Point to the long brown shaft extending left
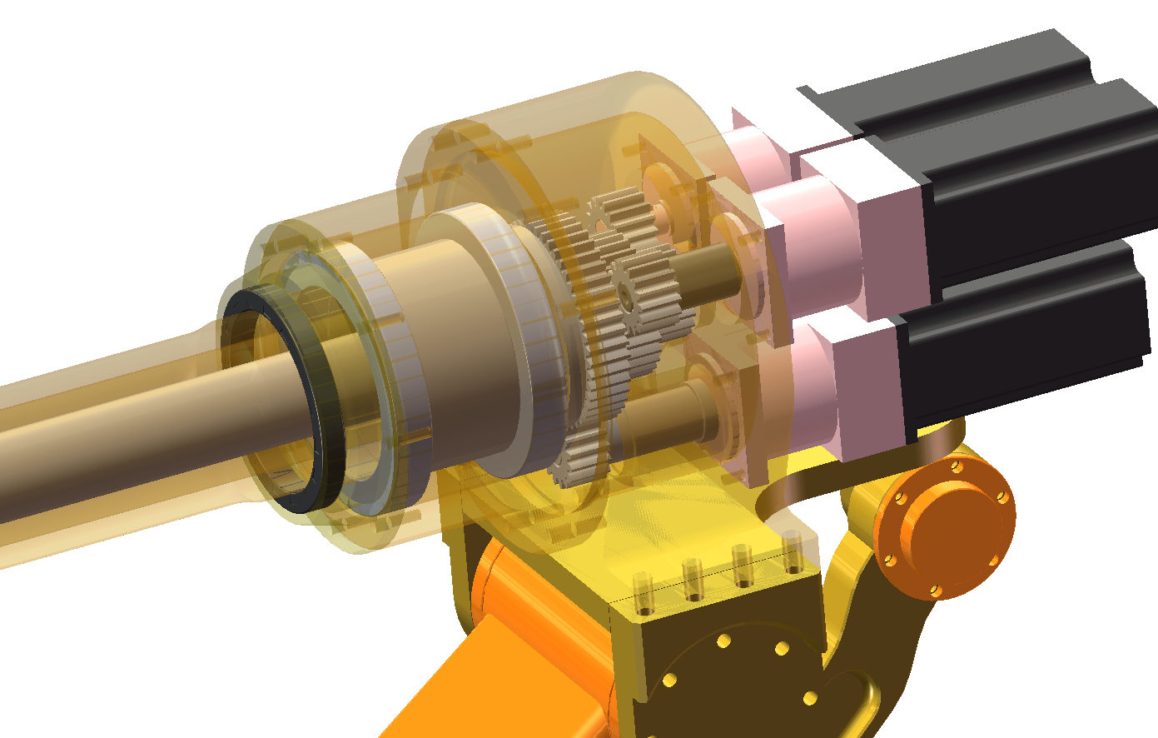click(x=125, y=433)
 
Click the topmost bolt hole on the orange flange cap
click(x=957, y=467)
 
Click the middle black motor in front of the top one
click(x=1041, y=192)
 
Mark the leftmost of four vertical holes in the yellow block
click(x=641, y=587)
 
